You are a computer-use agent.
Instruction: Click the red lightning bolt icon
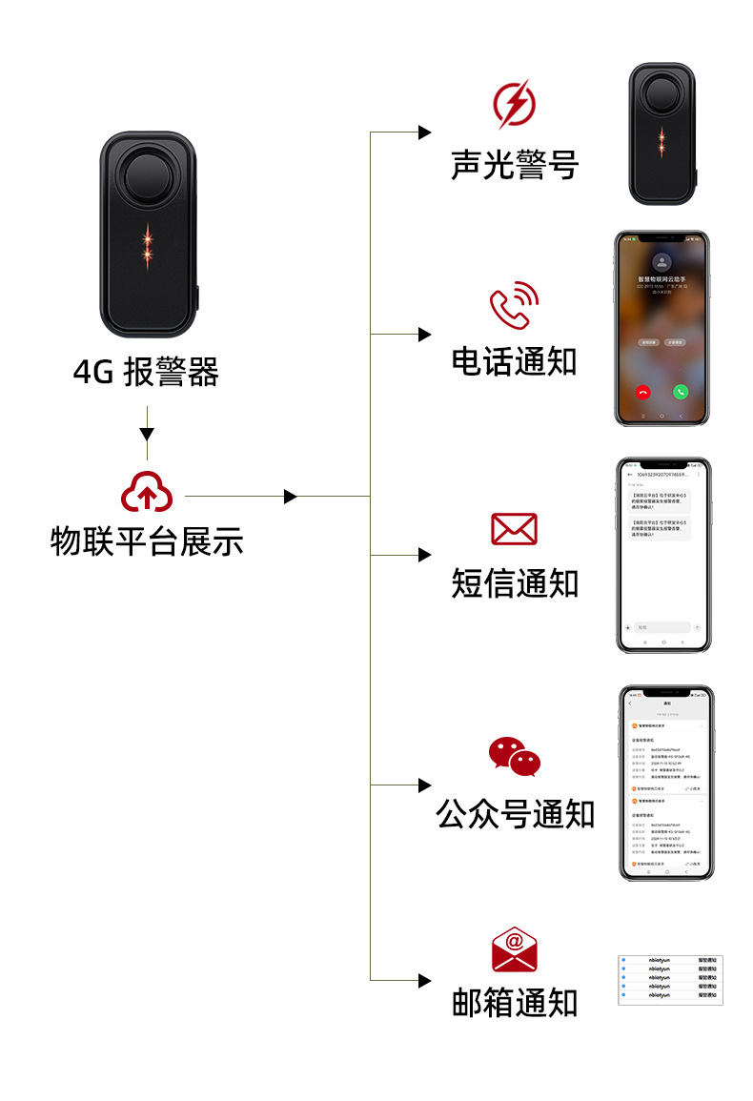514,104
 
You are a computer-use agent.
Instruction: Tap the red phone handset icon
514,307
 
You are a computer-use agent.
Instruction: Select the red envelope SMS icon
514,529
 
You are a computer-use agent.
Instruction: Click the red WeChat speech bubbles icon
514,756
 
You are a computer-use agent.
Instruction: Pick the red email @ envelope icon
514,949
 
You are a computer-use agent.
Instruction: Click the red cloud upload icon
147,492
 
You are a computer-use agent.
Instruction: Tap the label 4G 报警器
146,372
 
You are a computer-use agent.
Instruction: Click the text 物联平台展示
147,541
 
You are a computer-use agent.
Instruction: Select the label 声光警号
514,164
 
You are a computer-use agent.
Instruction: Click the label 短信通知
514,582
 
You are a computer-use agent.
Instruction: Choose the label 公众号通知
514,814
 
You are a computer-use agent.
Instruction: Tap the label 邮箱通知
514,1003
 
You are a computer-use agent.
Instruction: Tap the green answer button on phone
681,391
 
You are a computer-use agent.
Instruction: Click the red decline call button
642,391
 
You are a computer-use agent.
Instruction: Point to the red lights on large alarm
147,245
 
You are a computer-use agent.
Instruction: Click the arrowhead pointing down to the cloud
146,435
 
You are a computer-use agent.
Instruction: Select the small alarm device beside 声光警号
661,133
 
